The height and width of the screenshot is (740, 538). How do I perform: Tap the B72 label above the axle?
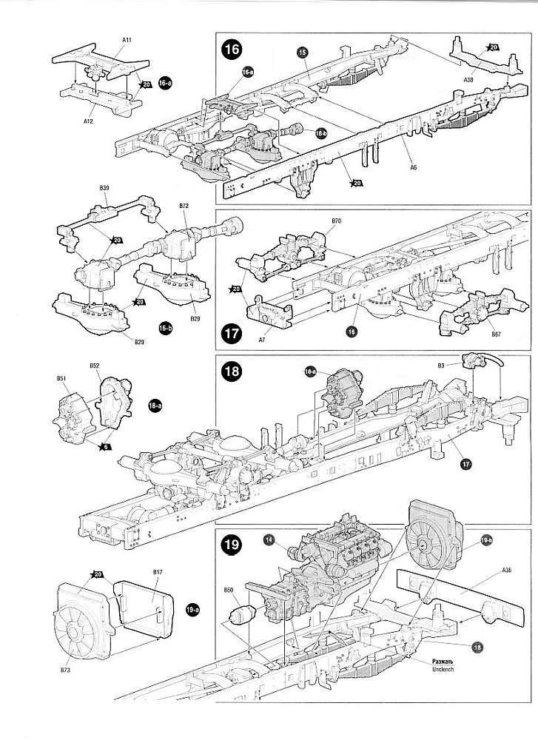pyautogui.click(x=184, y=205)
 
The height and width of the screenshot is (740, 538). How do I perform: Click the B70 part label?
pyautogui.click(x=336, y=221)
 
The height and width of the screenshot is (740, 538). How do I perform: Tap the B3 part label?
pyautogui.click(x=440, y=365)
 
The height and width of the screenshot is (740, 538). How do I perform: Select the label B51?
pyautogui.click(x=61, y=379)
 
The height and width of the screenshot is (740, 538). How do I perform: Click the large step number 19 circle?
pyautogui.click(x=232, y=546)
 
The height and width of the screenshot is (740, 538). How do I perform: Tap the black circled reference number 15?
pyautogui.click(x=302, y=52)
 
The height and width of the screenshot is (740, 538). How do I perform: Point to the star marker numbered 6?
pyautogui.click(x=107, y=446)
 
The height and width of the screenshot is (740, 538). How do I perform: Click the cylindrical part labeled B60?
pyautogui.click(x=243, y=613)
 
